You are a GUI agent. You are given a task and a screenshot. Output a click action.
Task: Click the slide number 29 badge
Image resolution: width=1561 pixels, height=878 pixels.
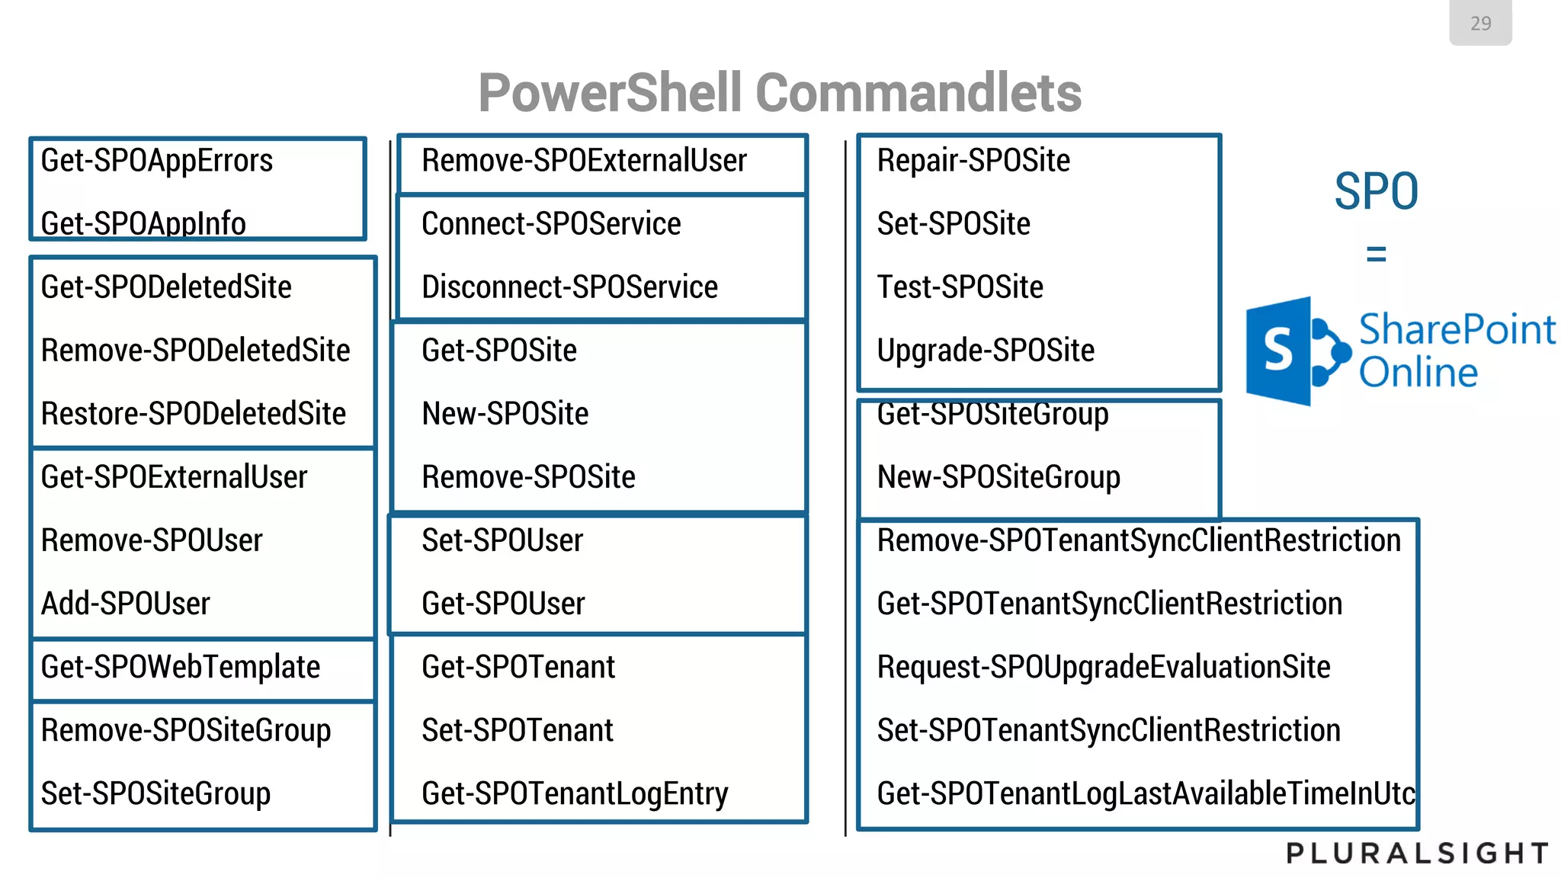click(1479, 23)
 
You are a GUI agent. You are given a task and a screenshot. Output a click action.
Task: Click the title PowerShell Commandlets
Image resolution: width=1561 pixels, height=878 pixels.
click(779, 93)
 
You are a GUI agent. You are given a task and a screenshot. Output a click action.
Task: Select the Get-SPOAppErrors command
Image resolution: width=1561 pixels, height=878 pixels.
click(156, 161)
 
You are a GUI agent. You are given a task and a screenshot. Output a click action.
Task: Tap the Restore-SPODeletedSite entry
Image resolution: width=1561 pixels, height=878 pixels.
click(193, 414)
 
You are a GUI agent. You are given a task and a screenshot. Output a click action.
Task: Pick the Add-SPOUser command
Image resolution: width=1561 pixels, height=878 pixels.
click(125, 604)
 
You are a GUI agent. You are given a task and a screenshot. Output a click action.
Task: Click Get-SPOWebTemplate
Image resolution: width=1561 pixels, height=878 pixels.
click(180, 667)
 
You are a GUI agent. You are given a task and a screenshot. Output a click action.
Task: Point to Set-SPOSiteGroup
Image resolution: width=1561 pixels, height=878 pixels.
click(155, 793)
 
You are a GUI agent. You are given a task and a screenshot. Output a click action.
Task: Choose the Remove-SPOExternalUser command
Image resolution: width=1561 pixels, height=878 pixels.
click(584, 161)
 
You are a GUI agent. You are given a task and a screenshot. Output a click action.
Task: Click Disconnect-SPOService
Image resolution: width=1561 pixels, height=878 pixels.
click(569, 287)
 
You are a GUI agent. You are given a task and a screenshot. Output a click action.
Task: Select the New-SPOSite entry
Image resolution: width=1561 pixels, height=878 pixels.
click(505, 414)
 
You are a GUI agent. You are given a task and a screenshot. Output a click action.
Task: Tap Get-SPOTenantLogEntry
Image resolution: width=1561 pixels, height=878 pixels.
click(575, 793)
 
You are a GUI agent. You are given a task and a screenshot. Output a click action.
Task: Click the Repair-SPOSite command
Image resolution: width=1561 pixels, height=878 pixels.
click(973, 161)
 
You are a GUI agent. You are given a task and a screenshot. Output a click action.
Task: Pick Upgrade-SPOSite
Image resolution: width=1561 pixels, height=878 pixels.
click(986, 351)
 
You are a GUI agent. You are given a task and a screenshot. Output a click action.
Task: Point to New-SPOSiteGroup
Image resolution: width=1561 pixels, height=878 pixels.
click(998, 477)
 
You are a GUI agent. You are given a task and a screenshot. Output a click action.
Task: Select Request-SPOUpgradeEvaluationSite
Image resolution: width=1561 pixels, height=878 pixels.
click(1103, 667)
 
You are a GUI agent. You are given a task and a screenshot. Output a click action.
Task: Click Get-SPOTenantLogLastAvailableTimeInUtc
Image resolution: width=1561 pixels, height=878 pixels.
click(1145, 793)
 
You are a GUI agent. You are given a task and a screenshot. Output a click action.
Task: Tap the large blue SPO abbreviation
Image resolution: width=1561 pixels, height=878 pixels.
click(1376, 191)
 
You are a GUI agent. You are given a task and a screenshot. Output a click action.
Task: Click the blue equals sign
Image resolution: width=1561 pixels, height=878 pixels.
click(1376, 254)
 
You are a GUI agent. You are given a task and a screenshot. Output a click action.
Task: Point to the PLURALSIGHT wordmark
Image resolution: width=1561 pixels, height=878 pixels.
click(1417, 853)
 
